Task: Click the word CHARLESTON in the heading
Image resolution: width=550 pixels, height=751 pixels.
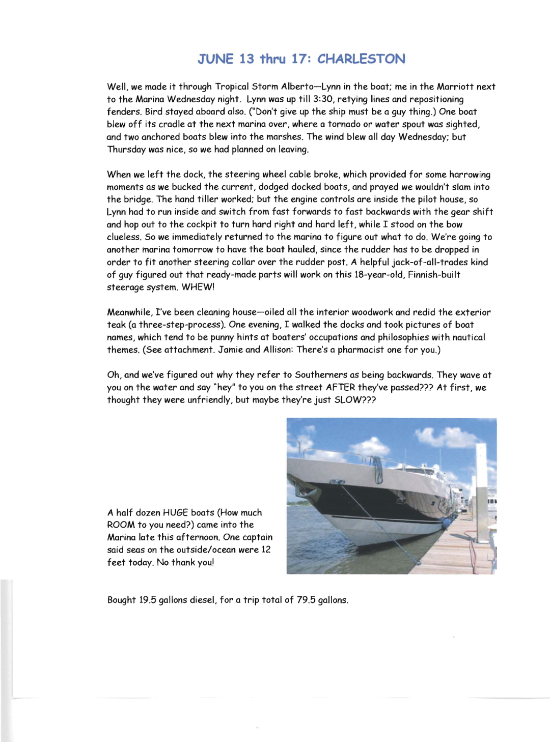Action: [x=361, y=59]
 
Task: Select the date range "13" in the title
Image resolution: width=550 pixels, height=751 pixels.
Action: [x=246, y=59]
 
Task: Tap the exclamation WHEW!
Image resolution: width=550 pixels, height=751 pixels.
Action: [x=198, y=287]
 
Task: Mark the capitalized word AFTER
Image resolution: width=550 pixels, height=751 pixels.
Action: [x=340, y=388]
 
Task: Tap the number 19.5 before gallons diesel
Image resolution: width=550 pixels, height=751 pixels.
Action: [x=147, y=600]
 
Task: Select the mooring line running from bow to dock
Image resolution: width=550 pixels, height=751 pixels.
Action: [x=379, y=522]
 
